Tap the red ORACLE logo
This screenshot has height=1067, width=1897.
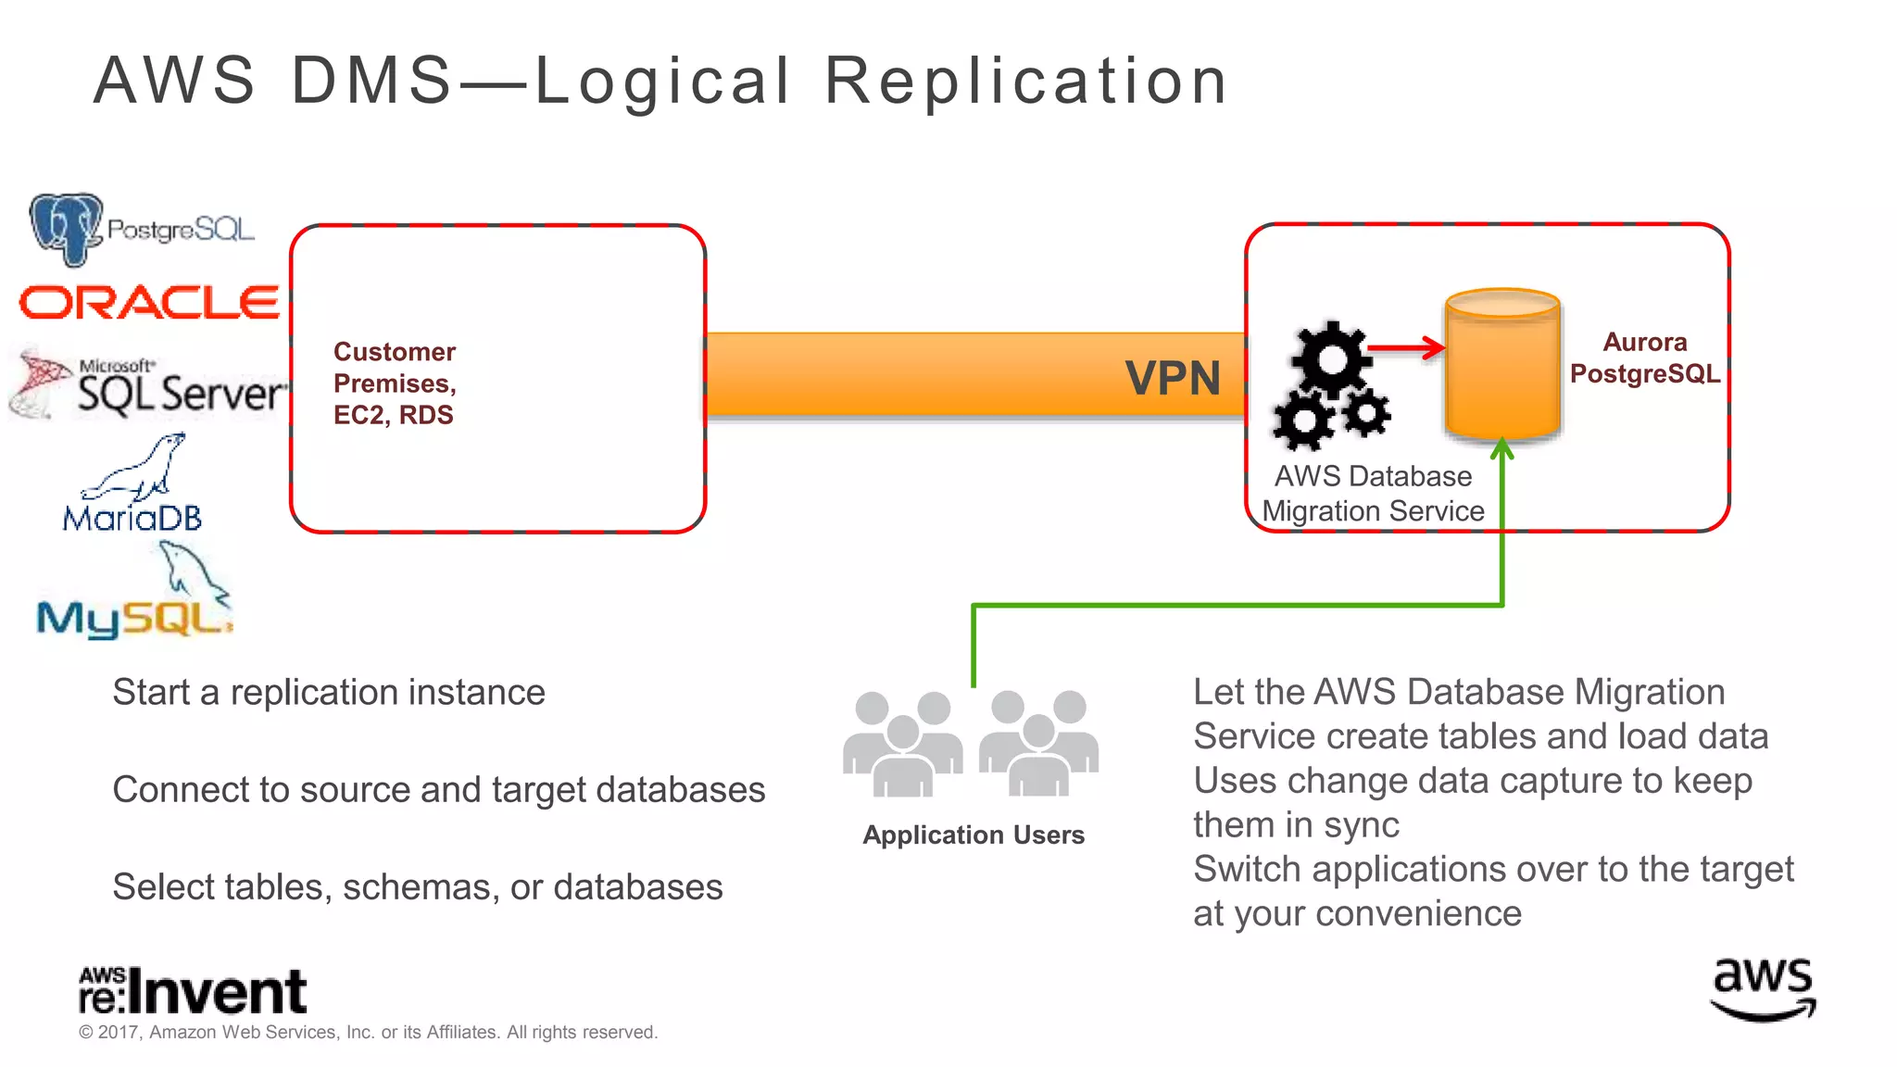[149, 303]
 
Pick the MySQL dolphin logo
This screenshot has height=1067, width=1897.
[134, 597]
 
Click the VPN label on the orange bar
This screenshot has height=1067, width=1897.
[1172, 378]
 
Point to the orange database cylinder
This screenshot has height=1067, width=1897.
[1502, 366]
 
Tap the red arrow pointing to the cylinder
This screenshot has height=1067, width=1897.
[1405, 348]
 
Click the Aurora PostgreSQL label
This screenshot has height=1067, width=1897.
[1644, 358]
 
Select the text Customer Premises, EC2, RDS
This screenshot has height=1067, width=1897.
[395, 383]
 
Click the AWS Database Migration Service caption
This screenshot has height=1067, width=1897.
[1373, 494]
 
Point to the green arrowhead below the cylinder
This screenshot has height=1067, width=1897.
[1501, 449]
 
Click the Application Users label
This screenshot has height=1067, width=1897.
[973, 835]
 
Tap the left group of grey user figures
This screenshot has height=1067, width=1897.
[902, 745]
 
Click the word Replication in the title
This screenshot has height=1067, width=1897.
[1025, 82]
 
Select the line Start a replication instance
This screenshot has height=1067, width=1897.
[329, 693]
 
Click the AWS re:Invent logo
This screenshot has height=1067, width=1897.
[193, 991]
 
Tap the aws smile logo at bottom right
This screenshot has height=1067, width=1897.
[1762, 989]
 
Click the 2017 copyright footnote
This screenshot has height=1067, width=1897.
[368, 1033]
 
